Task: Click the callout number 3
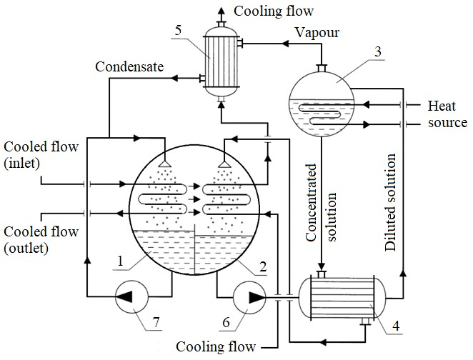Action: point(377,51)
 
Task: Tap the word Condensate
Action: point(130,66)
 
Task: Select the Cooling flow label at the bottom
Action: point(216,347)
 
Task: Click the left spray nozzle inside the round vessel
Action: point(164,164)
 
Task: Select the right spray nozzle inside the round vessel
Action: point(226,164)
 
